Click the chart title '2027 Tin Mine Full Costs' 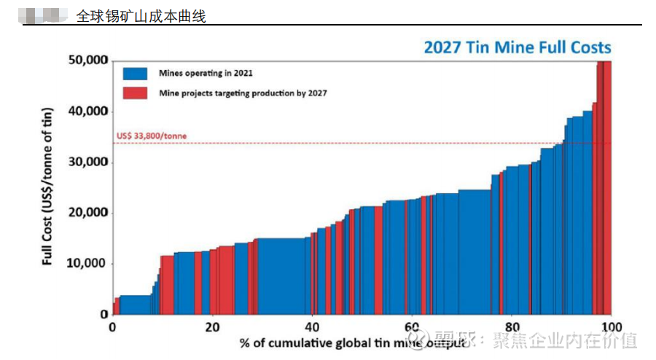[518, 48]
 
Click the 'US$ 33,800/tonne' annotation [151, 136]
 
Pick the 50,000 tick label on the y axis [87, 60]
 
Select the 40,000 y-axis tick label [87, 111]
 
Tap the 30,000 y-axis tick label [87, 162]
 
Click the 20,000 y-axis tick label [87, 213]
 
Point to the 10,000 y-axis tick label [87, 264]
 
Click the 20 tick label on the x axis [212, 326]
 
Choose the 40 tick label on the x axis [312, 326]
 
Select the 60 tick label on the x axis [412, 326]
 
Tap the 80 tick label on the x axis [512, 326]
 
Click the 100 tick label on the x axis [611, 326]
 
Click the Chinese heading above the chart [141, 15]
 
